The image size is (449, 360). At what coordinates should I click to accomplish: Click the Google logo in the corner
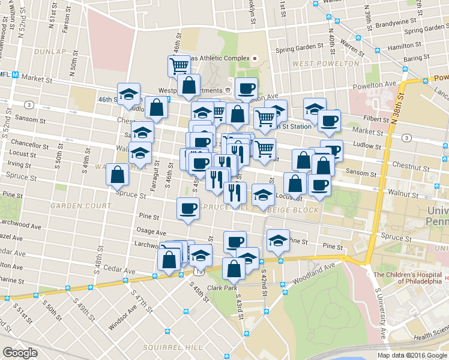[x=20, y=353]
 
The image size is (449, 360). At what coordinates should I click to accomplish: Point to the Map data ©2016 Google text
[x=412, y=355]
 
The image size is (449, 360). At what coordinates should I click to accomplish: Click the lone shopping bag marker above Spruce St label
[x=118, y=175]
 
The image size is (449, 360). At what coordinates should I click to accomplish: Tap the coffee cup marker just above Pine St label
[x=188, y=209]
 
